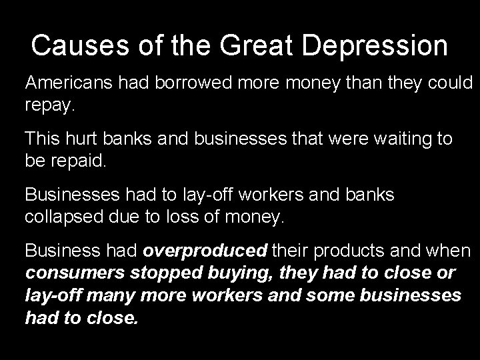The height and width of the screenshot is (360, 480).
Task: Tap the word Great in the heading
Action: point(254,45)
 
